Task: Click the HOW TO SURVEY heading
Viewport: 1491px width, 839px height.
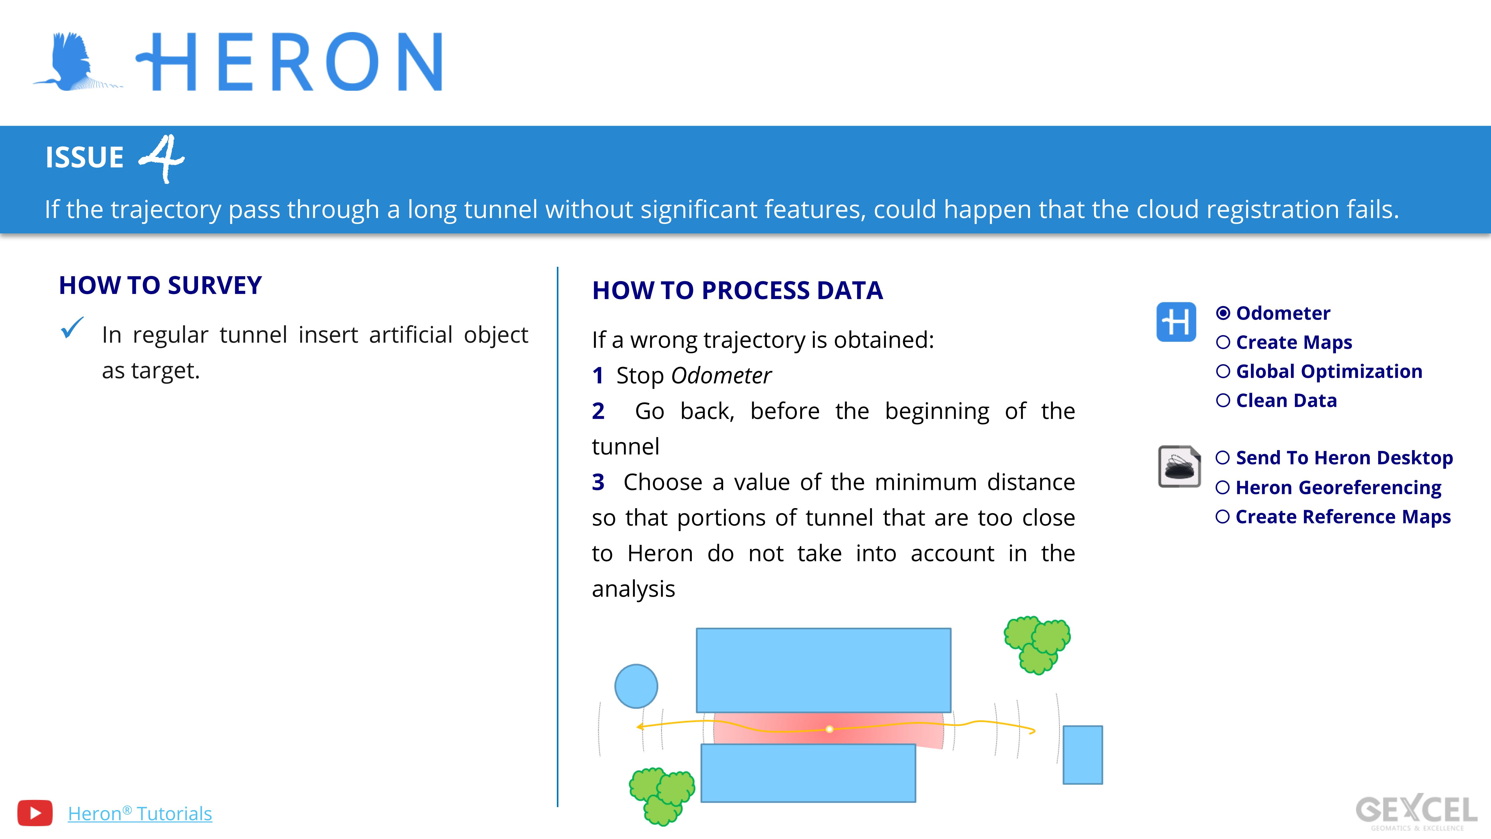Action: (x=160, y=285)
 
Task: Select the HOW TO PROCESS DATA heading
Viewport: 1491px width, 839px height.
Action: (x=737, y=290)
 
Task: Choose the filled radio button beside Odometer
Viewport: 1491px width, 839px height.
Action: (x=1223, y=313)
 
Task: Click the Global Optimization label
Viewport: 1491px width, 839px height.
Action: (x=1329, y=371)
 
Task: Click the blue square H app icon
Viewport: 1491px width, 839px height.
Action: (x=1176, y=322)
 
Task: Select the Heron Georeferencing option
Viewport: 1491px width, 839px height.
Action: (x=1338, y=487)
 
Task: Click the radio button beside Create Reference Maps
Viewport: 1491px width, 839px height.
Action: (x=1222, y=517)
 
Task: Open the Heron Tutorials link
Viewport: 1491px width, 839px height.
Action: (x=140, y=814)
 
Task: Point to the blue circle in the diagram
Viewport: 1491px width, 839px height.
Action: (x=636, y=686)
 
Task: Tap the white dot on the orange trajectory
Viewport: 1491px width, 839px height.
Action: (x=829, y=729)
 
